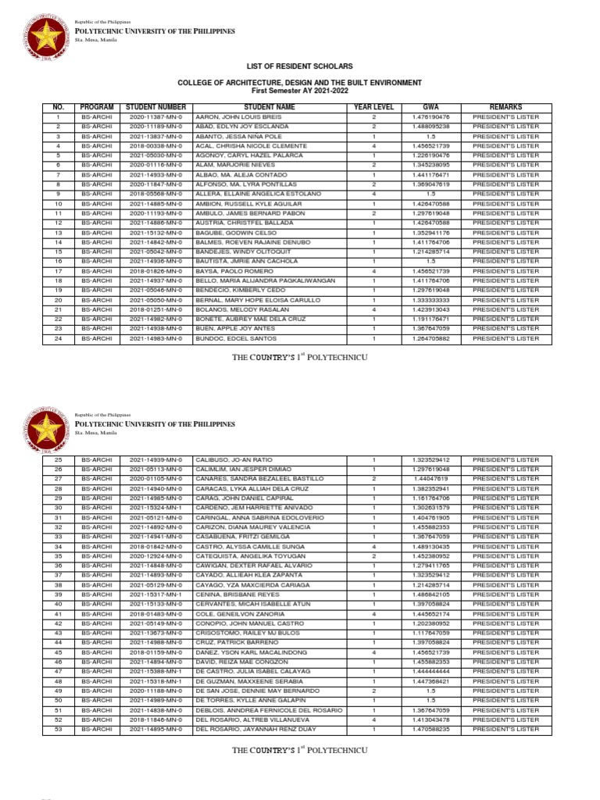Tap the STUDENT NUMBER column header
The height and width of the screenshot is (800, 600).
point(155,107)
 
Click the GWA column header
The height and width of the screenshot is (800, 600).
point(431,107)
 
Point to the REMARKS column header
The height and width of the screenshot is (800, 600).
point(505,107)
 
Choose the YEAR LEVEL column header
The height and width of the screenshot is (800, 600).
point(374,107)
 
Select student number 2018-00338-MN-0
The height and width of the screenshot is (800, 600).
point(155,146)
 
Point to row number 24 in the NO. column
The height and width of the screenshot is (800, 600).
point(58,338)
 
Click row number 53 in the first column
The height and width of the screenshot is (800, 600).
point(58,728)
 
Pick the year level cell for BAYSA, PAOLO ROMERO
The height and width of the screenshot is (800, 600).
point(374,271)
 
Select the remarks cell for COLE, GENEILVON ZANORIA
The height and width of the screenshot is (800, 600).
point(505,613)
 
